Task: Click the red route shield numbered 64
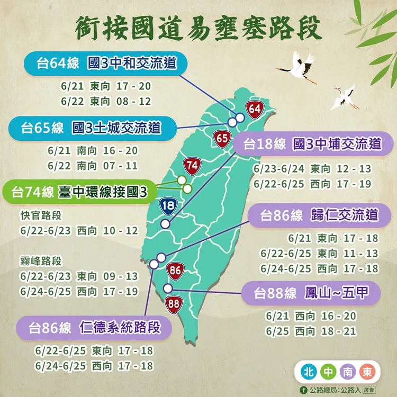pyautogui.click(x=255, y=110)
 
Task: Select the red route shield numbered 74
pyautogui.click(x=192, y=166)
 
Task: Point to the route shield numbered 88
pyautogui.click(x=173, y=304)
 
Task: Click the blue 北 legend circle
pyautogui.click(x=308, y=372)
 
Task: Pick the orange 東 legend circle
pyautogui.click(x=366, y=372)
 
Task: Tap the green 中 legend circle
pyautogui.click(x=327, y=372)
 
